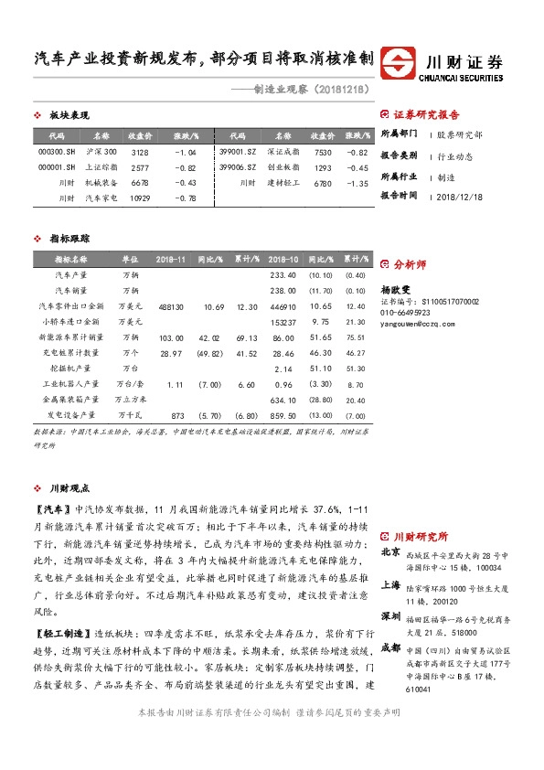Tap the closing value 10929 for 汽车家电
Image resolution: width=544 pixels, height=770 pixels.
click(x=140, y=198)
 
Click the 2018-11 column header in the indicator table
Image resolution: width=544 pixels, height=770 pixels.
click(x=171, y=260)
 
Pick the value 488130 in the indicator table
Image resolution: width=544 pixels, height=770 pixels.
click(x=171, y=306)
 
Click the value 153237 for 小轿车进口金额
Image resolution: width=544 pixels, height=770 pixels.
click(x=284, y=322)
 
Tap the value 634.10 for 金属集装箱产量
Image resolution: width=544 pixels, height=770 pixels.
click(x=284, y=400)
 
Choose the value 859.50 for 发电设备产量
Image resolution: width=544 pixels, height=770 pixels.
click(x=284, y=415)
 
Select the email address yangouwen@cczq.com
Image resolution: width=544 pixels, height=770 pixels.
click(x=417, y=324)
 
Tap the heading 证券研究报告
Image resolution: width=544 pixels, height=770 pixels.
click(x=426, y=115)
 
